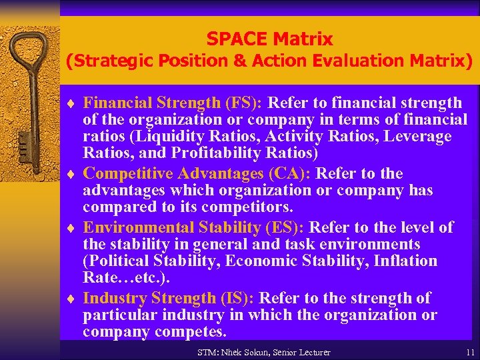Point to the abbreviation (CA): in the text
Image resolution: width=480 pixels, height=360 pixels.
291,174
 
